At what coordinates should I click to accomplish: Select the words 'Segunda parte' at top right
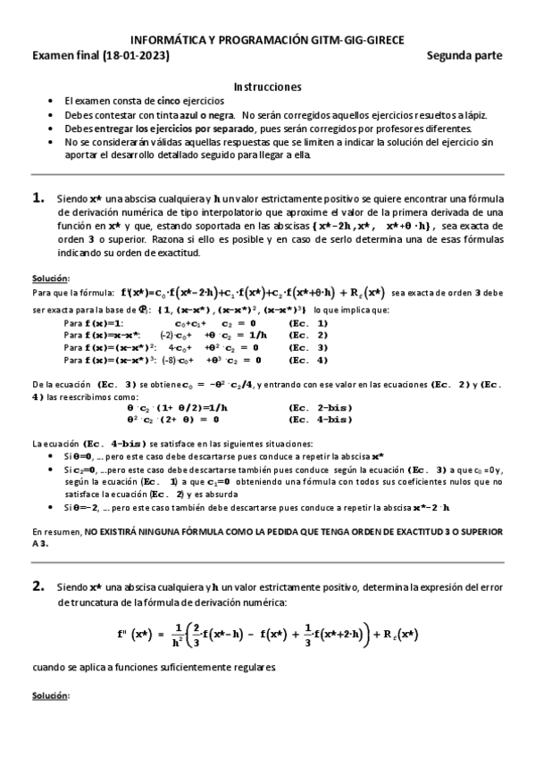(464, 55)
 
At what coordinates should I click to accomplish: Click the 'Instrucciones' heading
(267, 87)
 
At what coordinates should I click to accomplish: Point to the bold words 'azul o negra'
(206, 115)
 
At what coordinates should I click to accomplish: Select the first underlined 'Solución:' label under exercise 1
(50, 279)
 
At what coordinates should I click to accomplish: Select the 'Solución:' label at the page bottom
(50, 695)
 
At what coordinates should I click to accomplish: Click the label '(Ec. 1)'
(308, 322)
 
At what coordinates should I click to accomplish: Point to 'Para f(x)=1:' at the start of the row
(93, 322)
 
